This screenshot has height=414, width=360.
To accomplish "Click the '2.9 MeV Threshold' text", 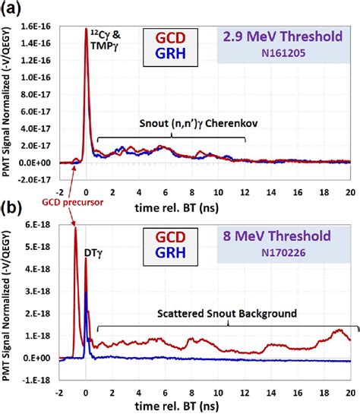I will coord(286,36).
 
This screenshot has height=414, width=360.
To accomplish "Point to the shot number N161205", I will coord(286,53).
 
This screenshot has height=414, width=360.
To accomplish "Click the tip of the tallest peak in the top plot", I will coord(86,30).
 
